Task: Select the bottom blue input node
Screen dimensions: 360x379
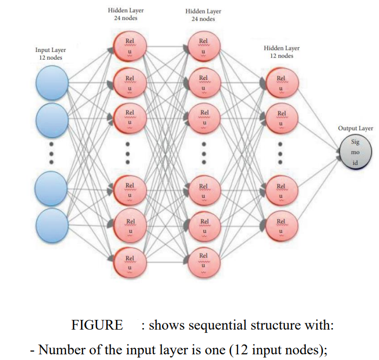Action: [x=52, y=223]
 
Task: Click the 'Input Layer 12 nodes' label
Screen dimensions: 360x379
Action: [x=50, y=54]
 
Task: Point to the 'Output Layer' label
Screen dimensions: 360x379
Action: [x=355, y=128]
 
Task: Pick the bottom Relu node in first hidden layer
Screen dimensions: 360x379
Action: [x=130, y=263]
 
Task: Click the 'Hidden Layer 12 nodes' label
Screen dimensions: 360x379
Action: [x=281, y=52]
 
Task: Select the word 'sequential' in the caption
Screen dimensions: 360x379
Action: [x=211, y=325]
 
